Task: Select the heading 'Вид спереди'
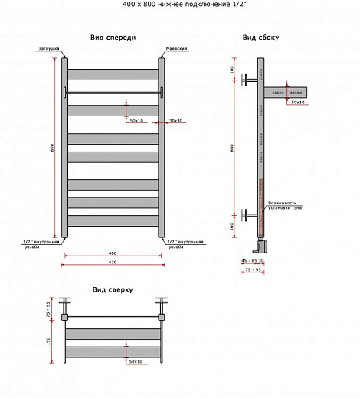[x=113, y=36]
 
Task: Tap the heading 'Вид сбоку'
[x=260, y=37]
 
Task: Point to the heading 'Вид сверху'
[x=113, y=290]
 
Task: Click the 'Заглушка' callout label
[x=48, y=49]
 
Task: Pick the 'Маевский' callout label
[x=176, y=49]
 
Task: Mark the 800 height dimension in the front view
[x=52, y=148]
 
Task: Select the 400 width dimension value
[x=113, y=253]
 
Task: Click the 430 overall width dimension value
[x=113, y=263]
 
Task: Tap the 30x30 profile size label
[x=175, y=120]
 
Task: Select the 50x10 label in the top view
[x=136, y=361]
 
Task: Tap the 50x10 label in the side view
[x=297, y=102]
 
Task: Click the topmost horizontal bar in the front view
[x=113, y=74]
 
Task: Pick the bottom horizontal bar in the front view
[x=113, y=220]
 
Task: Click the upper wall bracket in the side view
[x=247, y=79]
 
